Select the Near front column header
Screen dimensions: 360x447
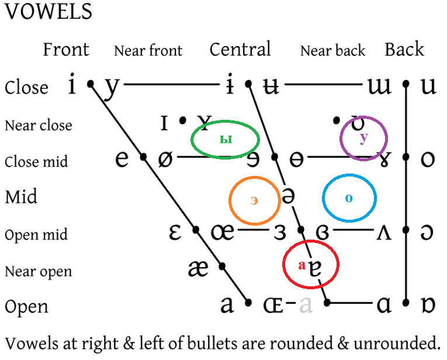(x=148, y=51)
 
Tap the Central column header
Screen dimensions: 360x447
(x=240, y=50)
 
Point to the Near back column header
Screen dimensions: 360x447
(x=332, y=51)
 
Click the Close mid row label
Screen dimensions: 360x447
(x=36, y=161)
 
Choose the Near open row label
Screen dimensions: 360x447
(x=39, y=272)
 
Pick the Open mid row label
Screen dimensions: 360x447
(x=36, y=235)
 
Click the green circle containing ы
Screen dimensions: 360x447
(x=226, y=139)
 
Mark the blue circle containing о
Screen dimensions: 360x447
(x=349, y=198)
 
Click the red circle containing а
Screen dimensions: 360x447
(x=310, y=265)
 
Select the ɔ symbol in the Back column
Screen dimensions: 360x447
(x=428, y=233)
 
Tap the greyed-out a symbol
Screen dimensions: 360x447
(x=306, y=304)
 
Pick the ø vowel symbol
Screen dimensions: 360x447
(x=165, y=158)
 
